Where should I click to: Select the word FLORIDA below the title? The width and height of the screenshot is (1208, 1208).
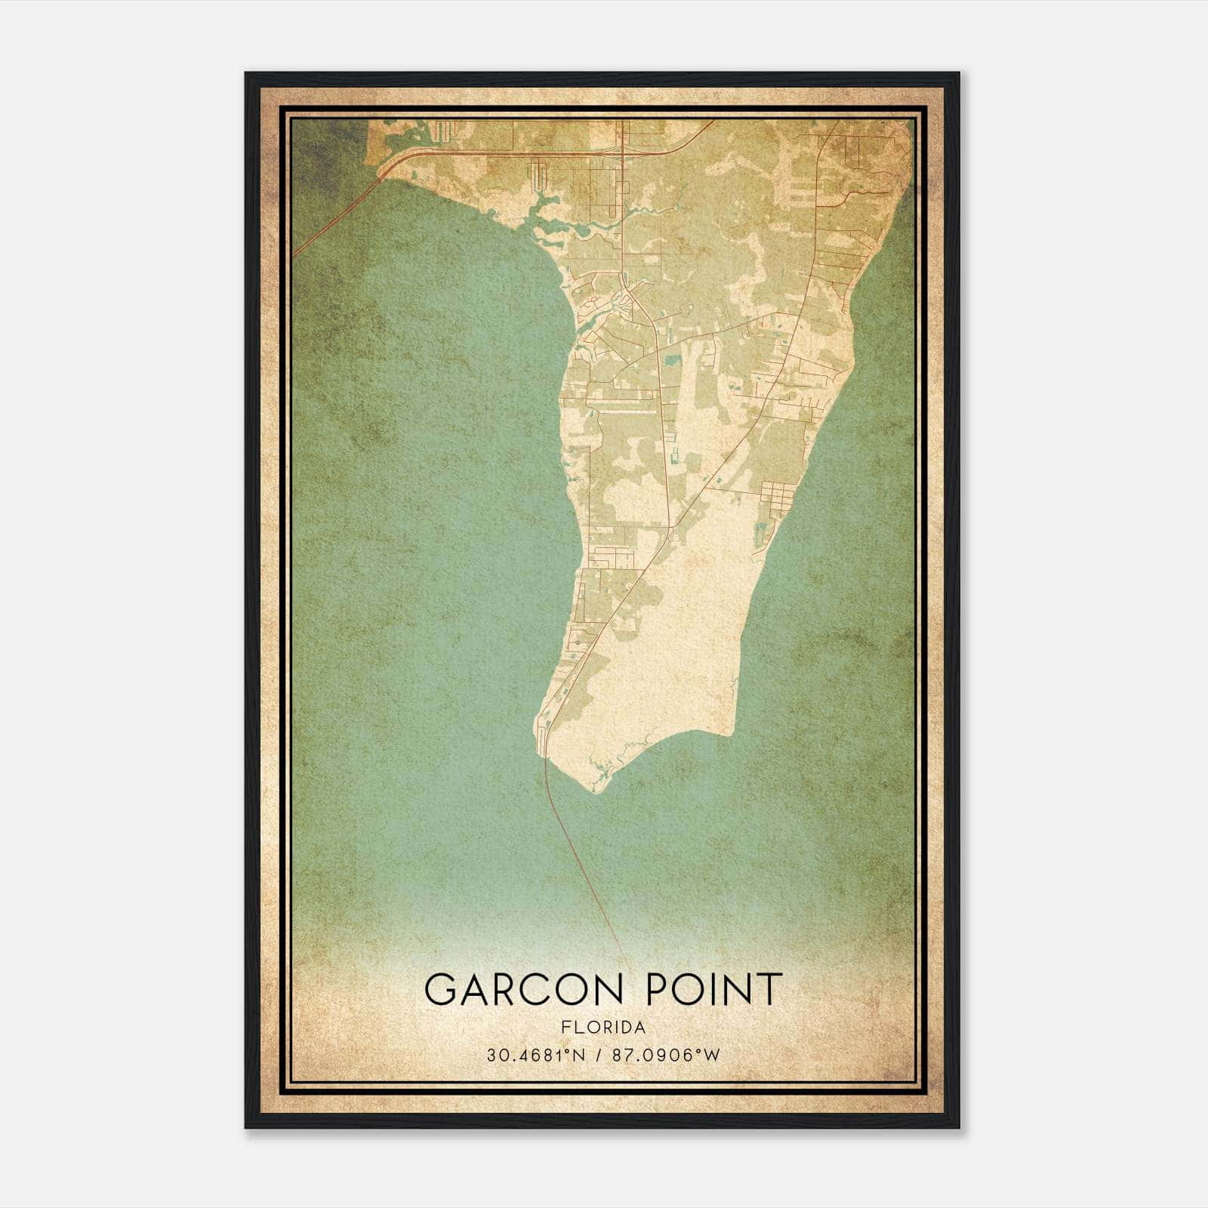pyautogui.click(x=602, y=1027)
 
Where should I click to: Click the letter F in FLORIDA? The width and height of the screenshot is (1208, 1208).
pyautogui.click(x=565, y=1027)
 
